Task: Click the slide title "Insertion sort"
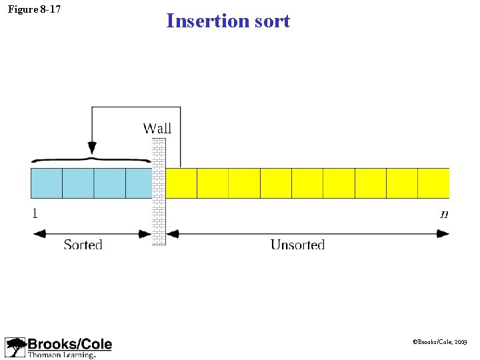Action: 228,21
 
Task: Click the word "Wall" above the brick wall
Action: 158,128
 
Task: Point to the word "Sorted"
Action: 83,245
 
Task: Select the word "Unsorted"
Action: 297,245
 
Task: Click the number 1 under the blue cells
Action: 34,214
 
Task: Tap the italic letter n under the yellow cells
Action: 444,214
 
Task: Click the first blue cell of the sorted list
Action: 47,183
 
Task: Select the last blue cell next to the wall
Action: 139,183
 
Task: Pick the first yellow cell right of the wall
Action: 181,183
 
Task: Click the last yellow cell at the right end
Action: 433,183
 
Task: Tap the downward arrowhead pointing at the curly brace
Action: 92,148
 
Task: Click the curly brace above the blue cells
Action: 91,160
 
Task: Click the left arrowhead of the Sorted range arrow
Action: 39,233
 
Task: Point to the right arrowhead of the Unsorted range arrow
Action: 443,233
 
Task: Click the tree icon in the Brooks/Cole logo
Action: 15,347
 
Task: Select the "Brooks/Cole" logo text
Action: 69,344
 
